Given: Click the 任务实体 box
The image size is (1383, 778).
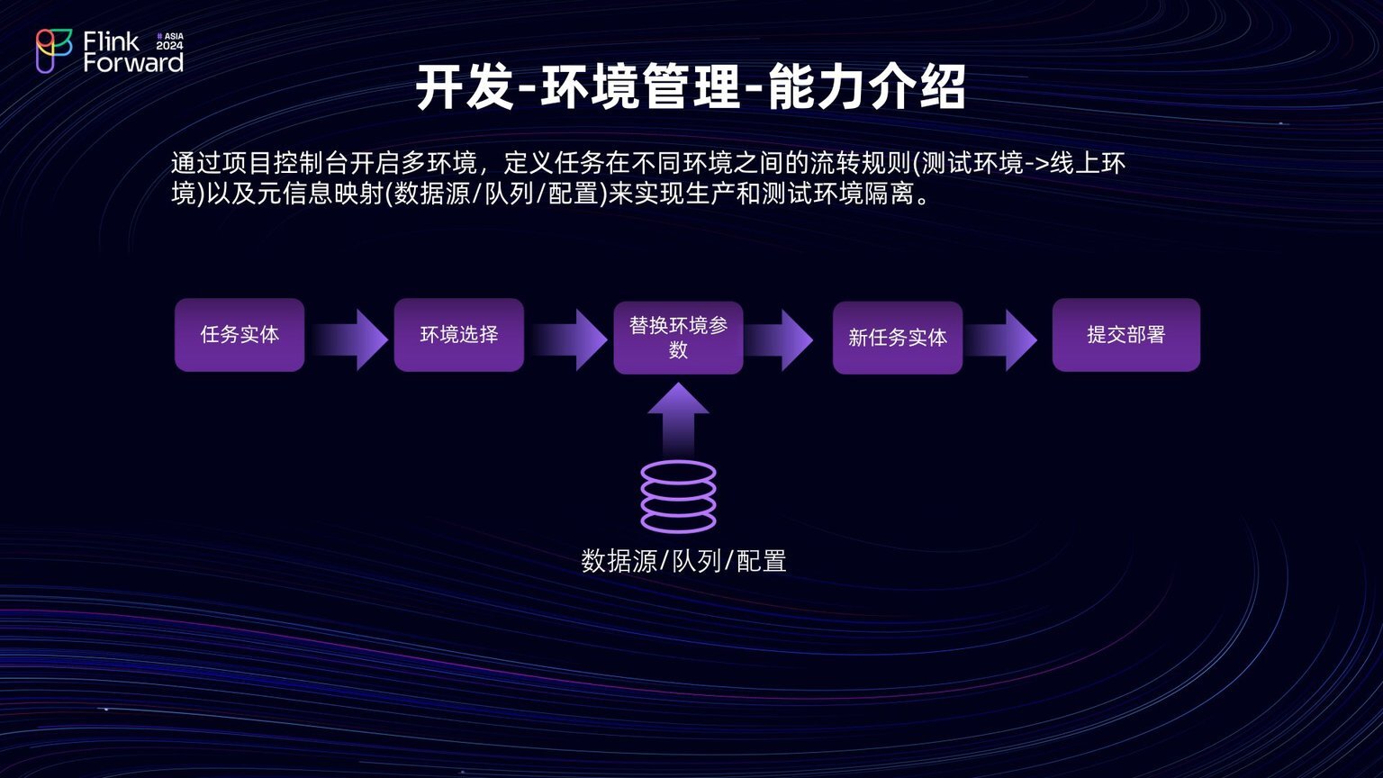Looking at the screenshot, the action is pos(240,335).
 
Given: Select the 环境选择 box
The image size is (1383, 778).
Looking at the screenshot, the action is pos(458,335).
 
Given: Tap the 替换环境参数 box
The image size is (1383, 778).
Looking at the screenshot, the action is pos(678,337).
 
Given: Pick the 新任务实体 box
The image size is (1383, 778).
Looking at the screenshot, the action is pos(897,337).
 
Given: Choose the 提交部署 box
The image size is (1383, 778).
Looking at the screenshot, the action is pos(1126,335).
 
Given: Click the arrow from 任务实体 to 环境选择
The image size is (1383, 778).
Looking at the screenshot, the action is pos(349,339).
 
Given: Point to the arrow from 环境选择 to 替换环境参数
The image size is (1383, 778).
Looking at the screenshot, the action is pos(569,339).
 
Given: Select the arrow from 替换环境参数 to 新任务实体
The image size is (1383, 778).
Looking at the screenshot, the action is pos(779,339).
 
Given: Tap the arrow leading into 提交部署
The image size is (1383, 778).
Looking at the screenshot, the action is pos(1001,339).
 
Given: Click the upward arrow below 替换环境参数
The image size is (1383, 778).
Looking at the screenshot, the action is pos(679,420).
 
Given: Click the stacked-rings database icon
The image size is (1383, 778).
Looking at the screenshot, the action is pos(679,496).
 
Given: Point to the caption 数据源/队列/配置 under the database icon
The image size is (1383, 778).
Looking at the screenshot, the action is pos(683,561).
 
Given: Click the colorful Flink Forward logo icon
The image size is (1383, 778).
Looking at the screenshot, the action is pos(54,51).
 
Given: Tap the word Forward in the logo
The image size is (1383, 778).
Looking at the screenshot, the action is pos(133,62).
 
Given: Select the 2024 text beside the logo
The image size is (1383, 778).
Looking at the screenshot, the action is pos(169,46).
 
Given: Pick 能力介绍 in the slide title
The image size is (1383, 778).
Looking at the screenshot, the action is pos(867,87).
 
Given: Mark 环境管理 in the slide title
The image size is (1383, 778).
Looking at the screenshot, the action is pos(641,87).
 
